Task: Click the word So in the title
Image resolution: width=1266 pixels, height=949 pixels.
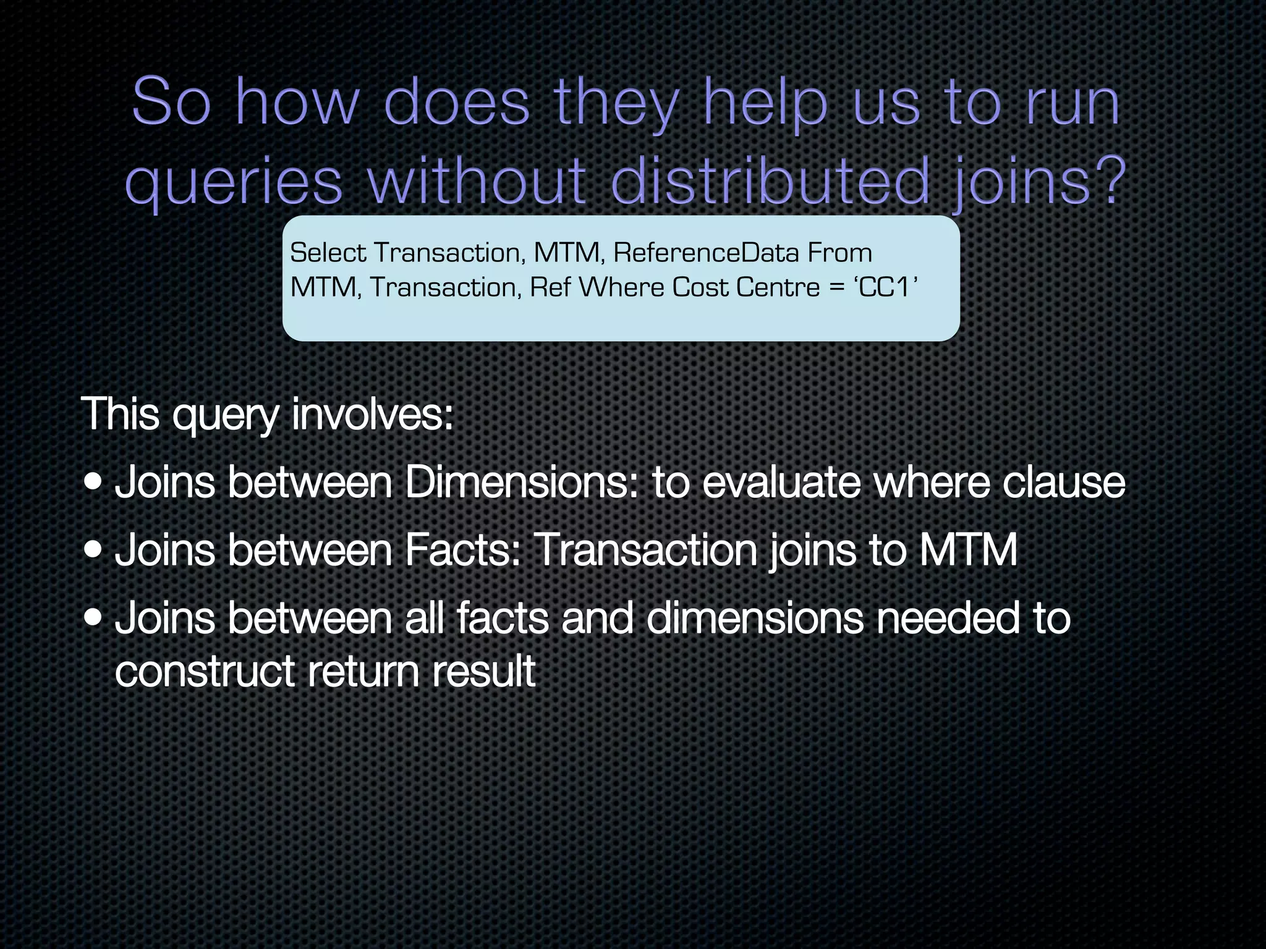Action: [171, 102]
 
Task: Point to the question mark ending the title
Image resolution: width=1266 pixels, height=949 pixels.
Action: [1110, 180]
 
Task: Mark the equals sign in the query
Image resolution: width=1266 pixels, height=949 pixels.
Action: [837, 288]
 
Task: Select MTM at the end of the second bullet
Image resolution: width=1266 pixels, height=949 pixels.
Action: [968, 550]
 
